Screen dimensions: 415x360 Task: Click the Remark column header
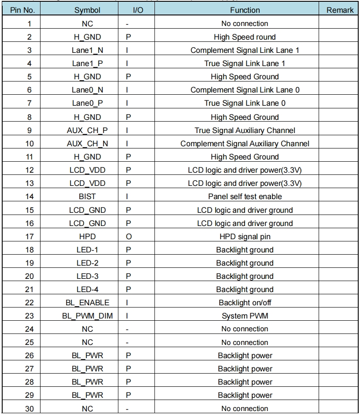coord(341,10)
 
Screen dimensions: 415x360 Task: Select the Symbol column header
coord(87,10)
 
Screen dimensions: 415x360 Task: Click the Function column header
coord(245,10)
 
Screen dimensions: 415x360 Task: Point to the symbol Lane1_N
coord(87,50)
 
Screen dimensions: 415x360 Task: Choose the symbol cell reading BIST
coord(87,196)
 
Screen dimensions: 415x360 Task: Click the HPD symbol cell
coord(87,237)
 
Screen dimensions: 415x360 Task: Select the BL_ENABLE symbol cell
coord(87,303)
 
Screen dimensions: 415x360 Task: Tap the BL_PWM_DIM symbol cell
coord(87,316)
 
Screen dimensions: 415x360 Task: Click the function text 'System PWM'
coord(245,316)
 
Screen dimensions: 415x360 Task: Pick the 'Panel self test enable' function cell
coord(245,196)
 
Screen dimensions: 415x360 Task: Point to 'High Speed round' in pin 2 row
coord(245,37)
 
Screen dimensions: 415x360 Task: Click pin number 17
coord(29,237)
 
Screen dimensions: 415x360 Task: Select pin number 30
coord(29,409)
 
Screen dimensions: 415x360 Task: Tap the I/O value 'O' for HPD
coord(127,237)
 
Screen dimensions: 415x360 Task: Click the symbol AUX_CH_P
coord(87,130)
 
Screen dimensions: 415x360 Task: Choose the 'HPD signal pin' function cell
coord(245,237)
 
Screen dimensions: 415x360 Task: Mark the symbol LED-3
coord(87,276)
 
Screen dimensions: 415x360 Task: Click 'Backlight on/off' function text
coord(245,303)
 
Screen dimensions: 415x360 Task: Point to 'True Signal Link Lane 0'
coord(245,104)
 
